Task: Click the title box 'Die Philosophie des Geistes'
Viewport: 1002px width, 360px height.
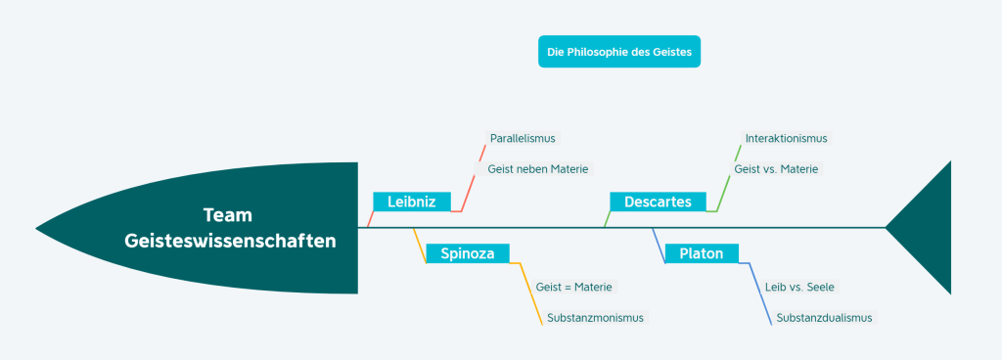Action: [619, 52]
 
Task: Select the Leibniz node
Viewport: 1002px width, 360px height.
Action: [412, 202]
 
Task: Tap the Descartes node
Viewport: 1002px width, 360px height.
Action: [658, 202]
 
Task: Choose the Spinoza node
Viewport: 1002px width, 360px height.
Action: [467, 253]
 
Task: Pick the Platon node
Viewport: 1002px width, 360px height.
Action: [701, 253]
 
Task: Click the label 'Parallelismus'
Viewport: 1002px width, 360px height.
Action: [523, 138]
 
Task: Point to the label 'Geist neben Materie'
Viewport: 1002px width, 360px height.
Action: [537, 168]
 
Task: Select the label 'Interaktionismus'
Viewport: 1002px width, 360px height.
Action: [786, 138]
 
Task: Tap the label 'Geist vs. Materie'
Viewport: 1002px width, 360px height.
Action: [776, 168]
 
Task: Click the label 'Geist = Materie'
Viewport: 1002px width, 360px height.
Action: [573, 287]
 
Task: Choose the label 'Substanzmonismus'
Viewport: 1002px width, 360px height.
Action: [595, 317]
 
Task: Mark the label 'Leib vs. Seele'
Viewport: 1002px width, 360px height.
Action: [799, 287]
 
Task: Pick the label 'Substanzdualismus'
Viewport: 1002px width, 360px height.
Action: [824, 317]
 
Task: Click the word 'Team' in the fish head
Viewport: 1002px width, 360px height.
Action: [227, 215]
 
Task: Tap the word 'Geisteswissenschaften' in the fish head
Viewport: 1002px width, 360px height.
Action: [230, 241]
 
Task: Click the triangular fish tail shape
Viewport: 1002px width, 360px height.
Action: [927, 227]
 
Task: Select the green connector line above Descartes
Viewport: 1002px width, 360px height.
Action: [728, 177]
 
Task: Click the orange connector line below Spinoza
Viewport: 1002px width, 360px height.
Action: [531, 293]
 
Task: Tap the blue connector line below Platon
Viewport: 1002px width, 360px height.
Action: [760, 293]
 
